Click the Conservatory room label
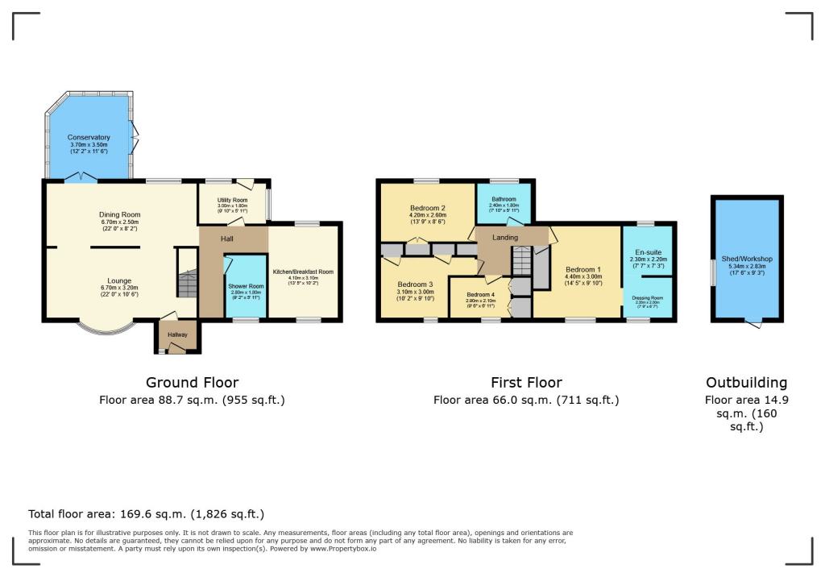(x=89, y=138)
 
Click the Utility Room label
(x=233, y=200)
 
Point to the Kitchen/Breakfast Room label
(x=303, y=272)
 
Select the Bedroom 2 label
(x=428, y=208)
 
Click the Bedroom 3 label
(x=414, y=284)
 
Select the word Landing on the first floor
(x=505, y=238)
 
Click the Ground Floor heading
(x=192, y=382)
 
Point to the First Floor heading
(x=526, y=382)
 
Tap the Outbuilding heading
(x=746, y=382)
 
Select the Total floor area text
(x=146, y=513)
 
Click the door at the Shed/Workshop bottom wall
(x=753, y=322)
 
